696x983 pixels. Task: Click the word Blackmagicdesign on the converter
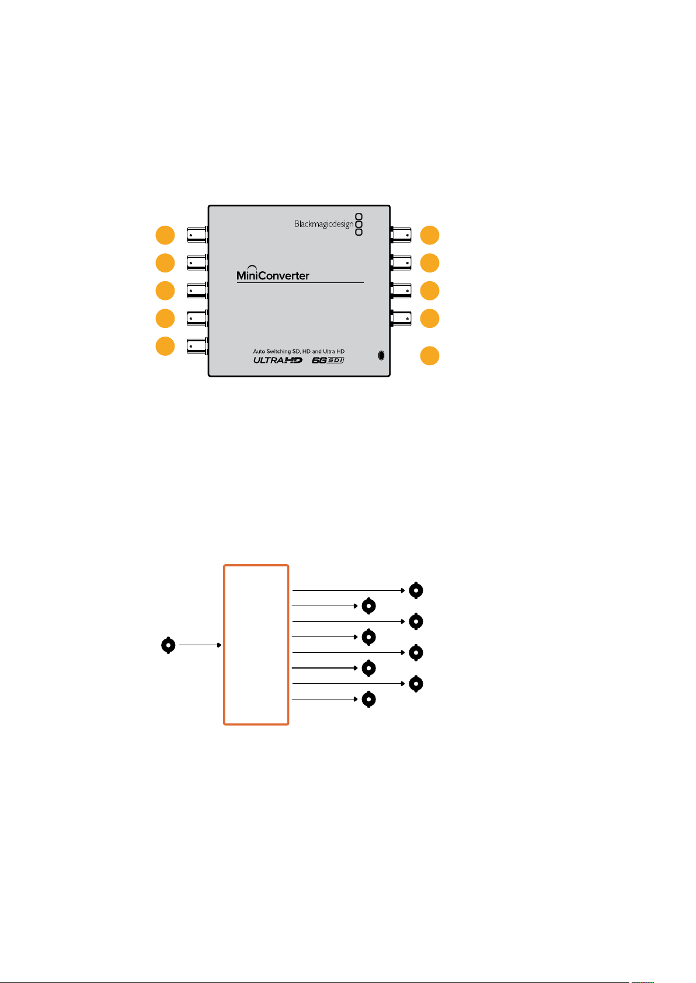click(x=323, y=224)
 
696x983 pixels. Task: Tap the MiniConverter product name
click(x=273, y=274)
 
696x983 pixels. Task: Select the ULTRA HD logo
click(x=278, y=361)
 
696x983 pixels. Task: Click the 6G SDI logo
click(x=328, y=361)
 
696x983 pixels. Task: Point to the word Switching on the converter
click(x=279, y=352)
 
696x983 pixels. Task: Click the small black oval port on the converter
click(x=381, y=355)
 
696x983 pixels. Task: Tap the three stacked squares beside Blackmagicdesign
click(x=359, y=225)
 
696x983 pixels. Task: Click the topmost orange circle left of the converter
click(x=165, y=235)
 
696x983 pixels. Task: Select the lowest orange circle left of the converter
click(x=165, y=347)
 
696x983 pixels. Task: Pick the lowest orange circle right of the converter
click(x=430, y=355)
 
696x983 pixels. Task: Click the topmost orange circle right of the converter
click(x=430, y=235)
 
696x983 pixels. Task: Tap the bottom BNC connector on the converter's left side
click(x=197, y=347)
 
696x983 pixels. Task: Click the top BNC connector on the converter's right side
click(x=401, y=235)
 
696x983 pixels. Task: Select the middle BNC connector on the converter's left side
click(x=197, y=291)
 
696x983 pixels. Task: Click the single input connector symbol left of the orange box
click(x=168, y=645)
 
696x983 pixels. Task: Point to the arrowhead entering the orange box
click(x=219, y=645)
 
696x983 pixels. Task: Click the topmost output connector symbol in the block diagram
click(x=416, y=590)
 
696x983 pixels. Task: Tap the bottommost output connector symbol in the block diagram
click(x=368, y=699)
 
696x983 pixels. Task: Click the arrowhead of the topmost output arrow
click(x=403, y=590)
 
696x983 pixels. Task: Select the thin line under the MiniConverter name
click(x=300, y=282)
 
